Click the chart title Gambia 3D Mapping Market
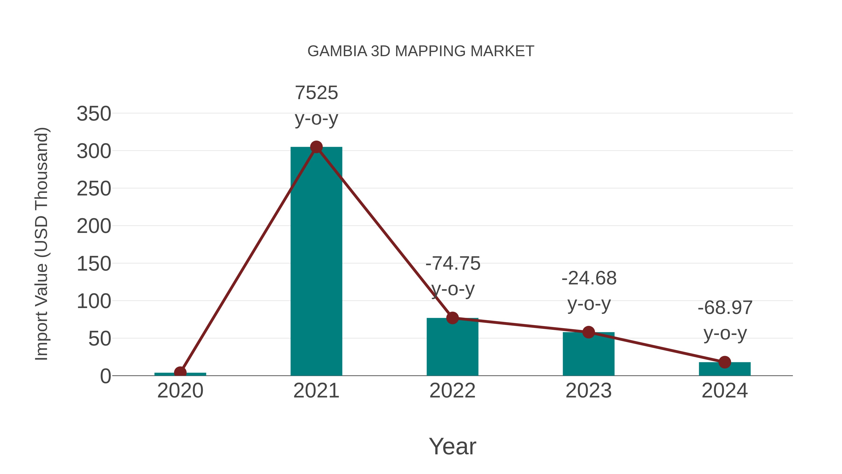pyautogui.click(x=421, y=51)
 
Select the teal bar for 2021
pyautogui.click(x=316, y=262)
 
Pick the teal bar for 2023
pyautogui.click(x=588, y=355)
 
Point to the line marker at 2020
pyautogui.click(x=180, y=372)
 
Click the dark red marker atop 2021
pyautogui.click(x=316, y=147)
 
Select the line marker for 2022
pyautogui.click(x=452, y=318)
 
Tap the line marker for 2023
pyautogui.click(x=588, y=332)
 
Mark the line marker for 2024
pyautogui.click(x=725, y=362)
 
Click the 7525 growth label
pyautogui.click(x=316, y=93)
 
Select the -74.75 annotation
pyautogui.click(x=453, y=264)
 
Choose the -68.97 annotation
pyautogui.click(x=725, y=308)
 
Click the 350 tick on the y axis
pyautogui.click(x=94, y=114)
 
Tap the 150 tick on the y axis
pyautogui.click(x=94, y=264)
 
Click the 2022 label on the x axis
pyautogui.click(x=452, y=391)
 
